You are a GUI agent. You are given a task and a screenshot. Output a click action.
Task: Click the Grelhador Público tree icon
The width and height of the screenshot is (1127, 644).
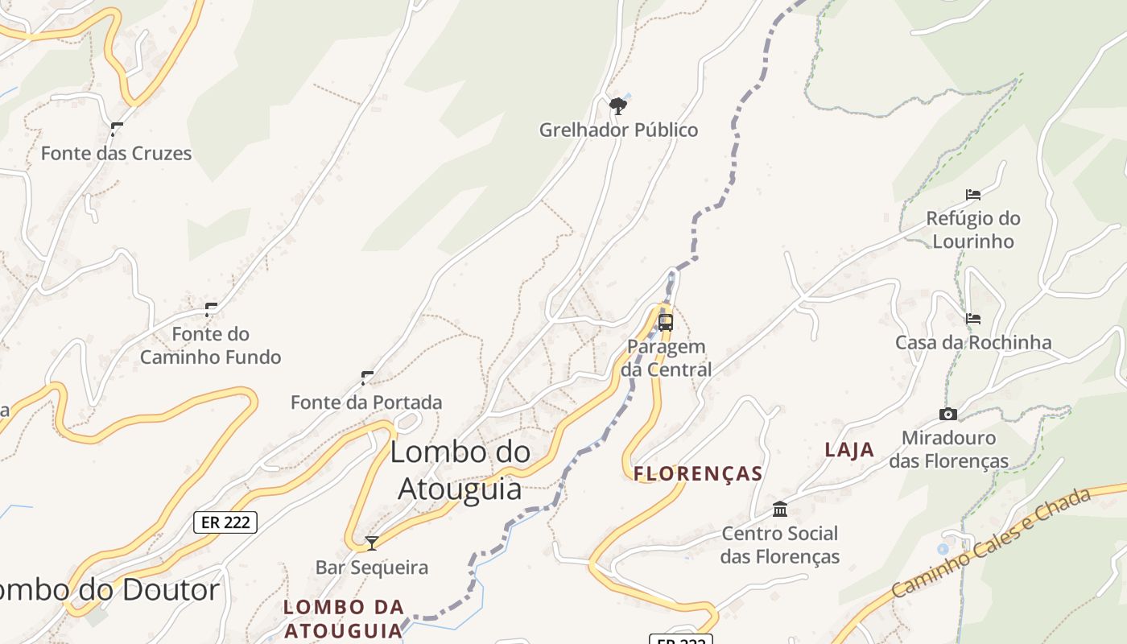tap(617, 105)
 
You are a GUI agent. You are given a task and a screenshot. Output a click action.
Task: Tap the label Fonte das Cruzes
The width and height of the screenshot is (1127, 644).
tap(116, 153)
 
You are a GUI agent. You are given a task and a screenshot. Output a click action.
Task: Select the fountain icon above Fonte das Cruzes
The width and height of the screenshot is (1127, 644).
tap(117, 129)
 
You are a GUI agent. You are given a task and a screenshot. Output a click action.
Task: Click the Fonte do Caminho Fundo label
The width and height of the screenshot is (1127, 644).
tap(210, 345)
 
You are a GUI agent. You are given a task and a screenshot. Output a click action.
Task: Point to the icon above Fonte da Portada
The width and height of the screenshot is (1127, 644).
tap(367, 378)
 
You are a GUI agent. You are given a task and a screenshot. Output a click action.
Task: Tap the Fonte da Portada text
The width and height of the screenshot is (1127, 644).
tap(366, 402)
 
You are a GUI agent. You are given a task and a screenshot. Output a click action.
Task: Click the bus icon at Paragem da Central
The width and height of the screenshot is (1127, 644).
tap(666, 323)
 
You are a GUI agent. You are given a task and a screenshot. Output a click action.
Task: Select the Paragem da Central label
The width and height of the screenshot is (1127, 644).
tap(667, 358)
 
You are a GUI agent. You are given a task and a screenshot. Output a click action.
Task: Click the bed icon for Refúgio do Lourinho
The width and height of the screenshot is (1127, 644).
tap(973, 194)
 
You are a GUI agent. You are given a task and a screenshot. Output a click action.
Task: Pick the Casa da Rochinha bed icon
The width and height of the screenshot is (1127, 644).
tap(973, 319)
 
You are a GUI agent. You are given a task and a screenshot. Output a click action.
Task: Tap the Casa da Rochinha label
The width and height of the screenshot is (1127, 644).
tap(973, 342)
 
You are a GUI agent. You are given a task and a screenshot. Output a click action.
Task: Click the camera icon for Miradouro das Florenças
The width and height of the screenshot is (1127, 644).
tap(948, 414)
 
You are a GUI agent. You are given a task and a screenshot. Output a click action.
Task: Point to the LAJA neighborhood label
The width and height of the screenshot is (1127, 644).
tap(849, 450)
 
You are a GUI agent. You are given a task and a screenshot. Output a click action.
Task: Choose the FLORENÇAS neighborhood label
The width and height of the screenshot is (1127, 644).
tap(698, 473)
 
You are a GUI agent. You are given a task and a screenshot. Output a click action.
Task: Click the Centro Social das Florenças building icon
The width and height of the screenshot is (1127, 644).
tap(780, 509)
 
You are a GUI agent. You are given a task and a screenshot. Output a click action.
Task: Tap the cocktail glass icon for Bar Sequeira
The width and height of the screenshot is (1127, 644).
tap(372, 543)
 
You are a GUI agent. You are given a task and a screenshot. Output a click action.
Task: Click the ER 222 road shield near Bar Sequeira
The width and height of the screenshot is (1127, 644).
tap(225, 522)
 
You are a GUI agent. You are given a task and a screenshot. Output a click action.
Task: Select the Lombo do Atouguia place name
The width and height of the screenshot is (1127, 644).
tap(460, 470)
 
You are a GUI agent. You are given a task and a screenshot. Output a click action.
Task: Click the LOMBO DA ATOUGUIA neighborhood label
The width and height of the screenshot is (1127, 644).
tap(344, 618)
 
